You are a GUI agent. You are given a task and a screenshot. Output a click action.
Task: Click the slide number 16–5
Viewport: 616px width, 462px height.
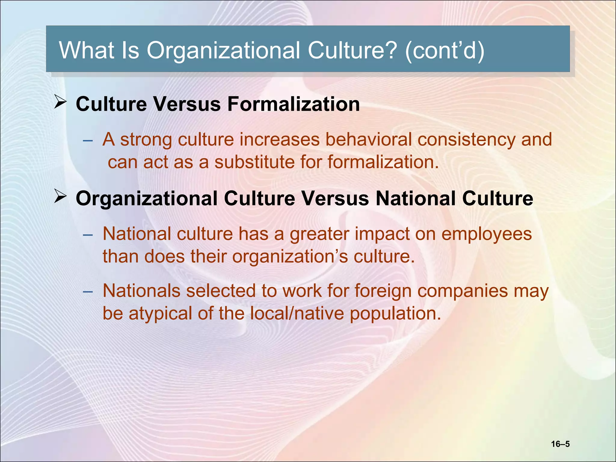(560, 444)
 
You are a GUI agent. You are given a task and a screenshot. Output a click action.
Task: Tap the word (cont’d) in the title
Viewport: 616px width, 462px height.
(445, 51)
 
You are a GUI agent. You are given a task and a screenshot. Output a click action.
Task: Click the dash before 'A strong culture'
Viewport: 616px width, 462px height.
(88, 140)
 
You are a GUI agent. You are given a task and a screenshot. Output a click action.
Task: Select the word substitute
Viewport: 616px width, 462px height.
(254, 162)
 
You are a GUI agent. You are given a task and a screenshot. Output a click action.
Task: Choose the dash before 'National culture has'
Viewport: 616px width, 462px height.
(88, 235)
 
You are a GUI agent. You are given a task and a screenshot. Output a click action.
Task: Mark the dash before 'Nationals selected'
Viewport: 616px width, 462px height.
(88, 292)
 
